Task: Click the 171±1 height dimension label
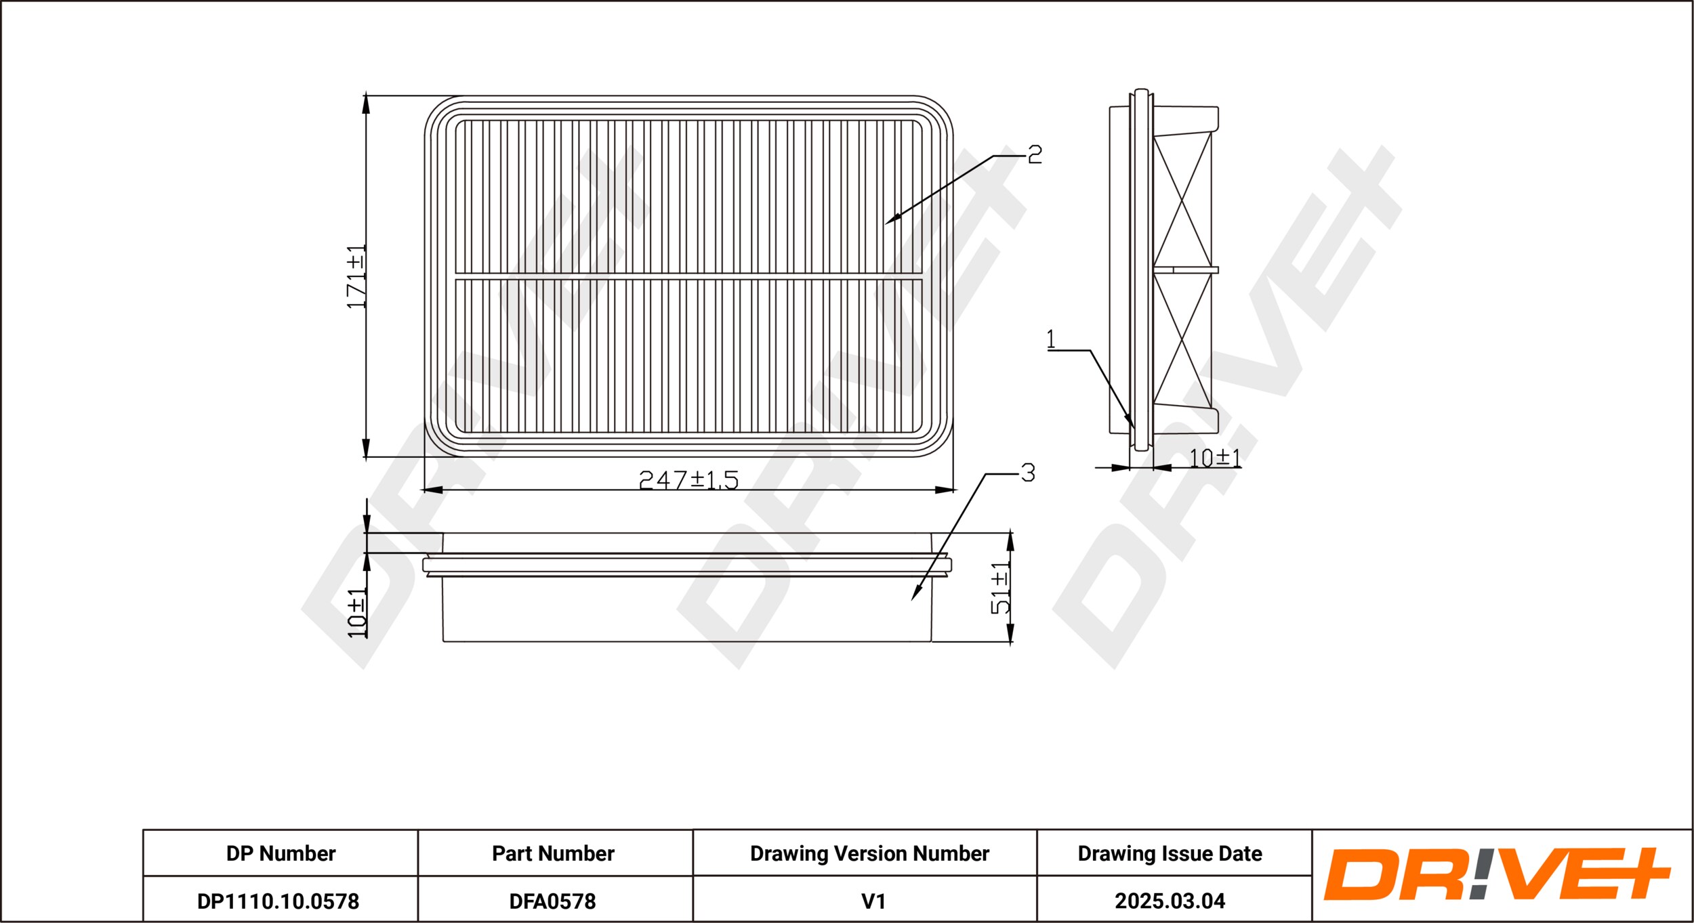tap(356, 277)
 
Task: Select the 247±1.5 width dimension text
tap(688, 479)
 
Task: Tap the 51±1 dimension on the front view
tap(1000, 588)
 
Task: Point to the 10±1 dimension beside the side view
tap(1216, 458)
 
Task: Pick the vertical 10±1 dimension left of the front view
tap(356, 613)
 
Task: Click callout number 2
tap(1035, 155)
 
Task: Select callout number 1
tap(1051, 339)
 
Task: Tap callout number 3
tap(1028, 473)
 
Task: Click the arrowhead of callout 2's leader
tap(888, 221)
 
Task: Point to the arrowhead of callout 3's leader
tap(913, 597)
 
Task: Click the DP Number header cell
tap(281, 853)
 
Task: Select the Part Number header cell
tap(553, 853)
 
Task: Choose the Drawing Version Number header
tap(869, 853)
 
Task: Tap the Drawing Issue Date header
tap(1170, 853)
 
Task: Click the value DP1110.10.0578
tap(278, 901)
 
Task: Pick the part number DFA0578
tap(552, 901)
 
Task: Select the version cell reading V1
tap(873, 901)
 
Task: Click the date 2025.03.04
tap(1170, 901)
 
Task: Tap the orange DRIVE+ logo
tap(1497, 874)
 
